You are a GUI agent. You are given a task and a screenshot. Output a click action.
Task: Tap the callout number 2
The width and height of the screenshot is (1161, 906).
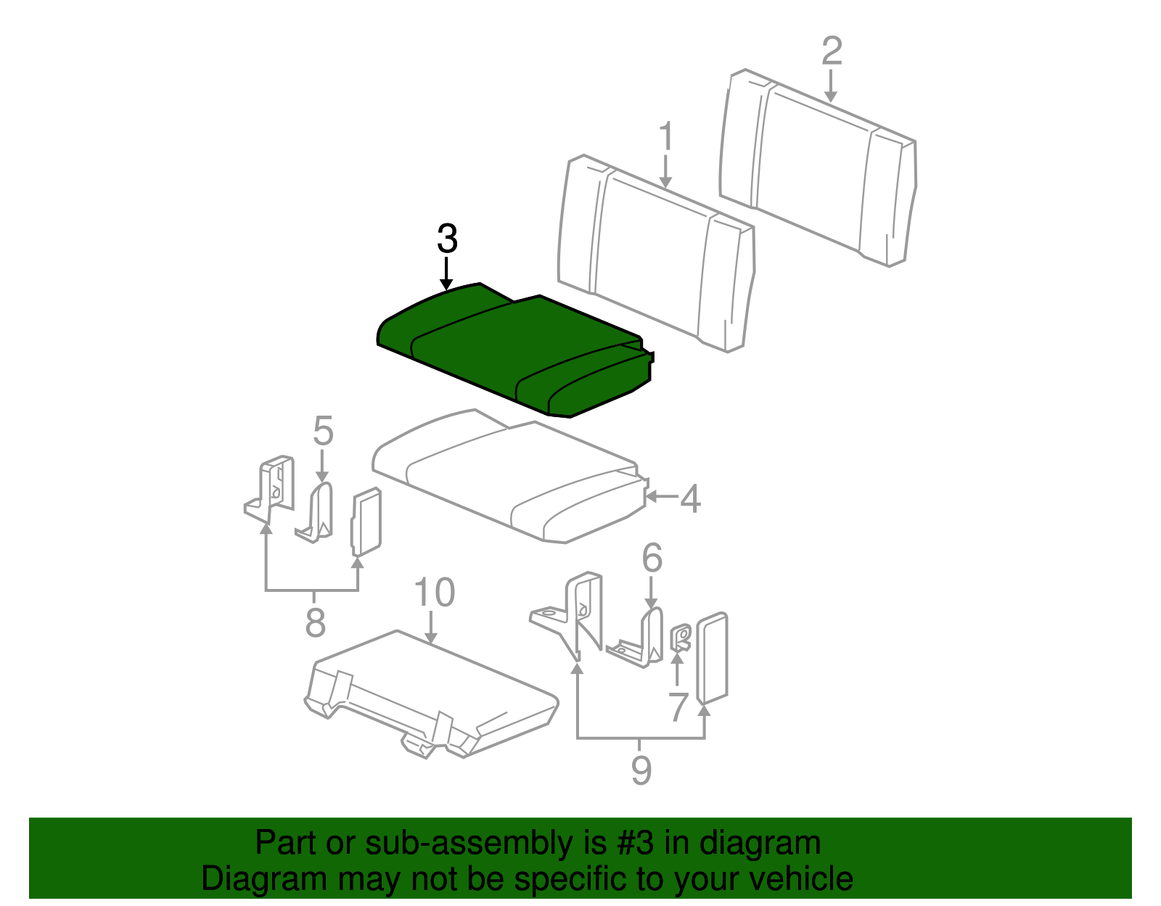tap(832, 52)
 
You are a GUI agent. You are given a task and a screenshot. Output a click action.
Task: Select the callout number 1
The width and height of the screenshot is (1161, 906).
tap(665, 136)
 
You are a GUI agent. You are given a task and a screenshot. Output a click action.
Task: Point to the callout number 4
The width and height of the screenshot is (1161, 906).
tap(690, 498)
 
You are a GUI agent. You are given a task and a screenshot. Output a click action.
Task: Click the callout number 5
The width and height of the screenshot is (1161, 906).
tap(323, 431)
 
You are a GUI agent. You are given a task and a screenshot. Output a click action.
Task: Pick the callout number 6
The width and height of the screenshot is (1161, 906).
tap(652, 559)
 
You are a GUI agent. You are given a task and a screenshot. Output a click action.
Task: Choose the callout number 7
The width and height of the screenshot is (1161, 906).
tap(678, 707)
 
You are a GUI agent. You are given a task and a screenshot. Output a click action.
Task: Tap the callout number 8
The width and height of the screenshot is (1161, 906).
tap(315, 622)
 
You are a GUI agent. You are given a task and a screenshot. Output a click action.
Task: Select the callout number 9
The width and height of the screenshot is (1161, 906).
tap(641, 770)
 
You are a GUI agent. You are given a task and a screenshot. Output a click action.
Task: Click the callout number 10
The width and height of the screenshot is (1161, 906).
tap(435, 592)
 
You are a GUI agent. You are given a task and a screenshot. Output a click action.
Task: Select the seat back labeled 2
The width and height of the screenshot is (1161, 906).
tap(818, 168)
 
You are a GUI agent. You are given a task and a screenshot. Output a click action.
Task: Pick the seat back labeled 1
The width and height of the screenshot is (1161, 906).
tap(656, 253)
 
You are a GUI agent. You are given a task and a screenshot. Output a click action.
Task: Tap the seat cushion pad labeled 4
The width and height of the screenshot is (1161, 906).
tap(510, 477)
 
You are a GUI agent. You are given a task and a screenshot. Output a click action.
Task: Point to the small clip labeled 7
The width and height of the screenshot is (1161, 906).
tap(681, 637)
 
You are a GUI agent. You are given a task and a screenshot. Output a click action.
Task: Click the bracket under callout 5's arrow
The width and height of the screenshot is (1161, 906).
tap(315, 512)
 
